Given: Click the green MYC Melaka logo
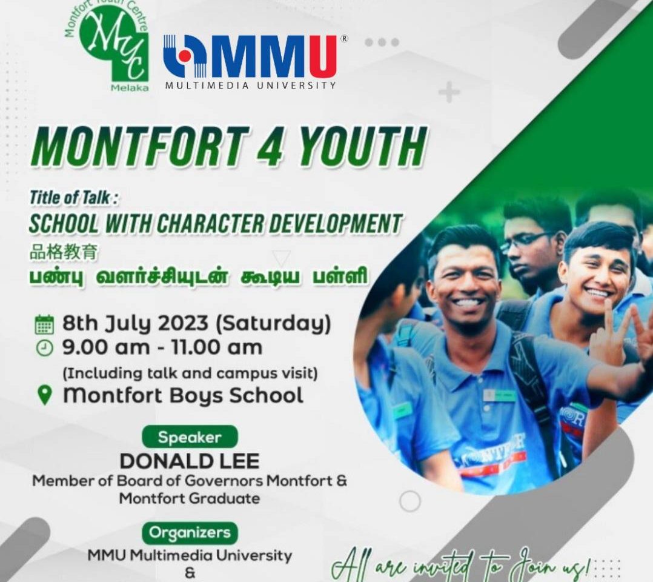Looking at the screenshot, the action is (x=107, y=46).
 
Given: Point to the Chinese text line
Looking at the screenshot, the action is (x=64, y=252).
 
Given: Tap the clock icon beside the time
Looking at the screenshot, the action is (x=45, y=348).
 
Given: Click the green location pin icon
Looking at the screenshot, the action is (x=45, y=395).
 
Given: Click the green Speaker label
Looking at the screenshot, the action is (x=190, y=437).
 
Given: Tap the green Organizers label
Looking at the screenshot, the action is (x=190, y=532).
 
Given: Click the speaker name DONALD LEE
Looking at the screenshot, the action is (x=190, y=461).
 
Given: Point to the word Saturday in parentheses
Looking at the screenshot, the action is (x=273, y=324).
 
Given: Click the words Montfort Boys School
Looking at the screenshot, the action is (x=183, y=395).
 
